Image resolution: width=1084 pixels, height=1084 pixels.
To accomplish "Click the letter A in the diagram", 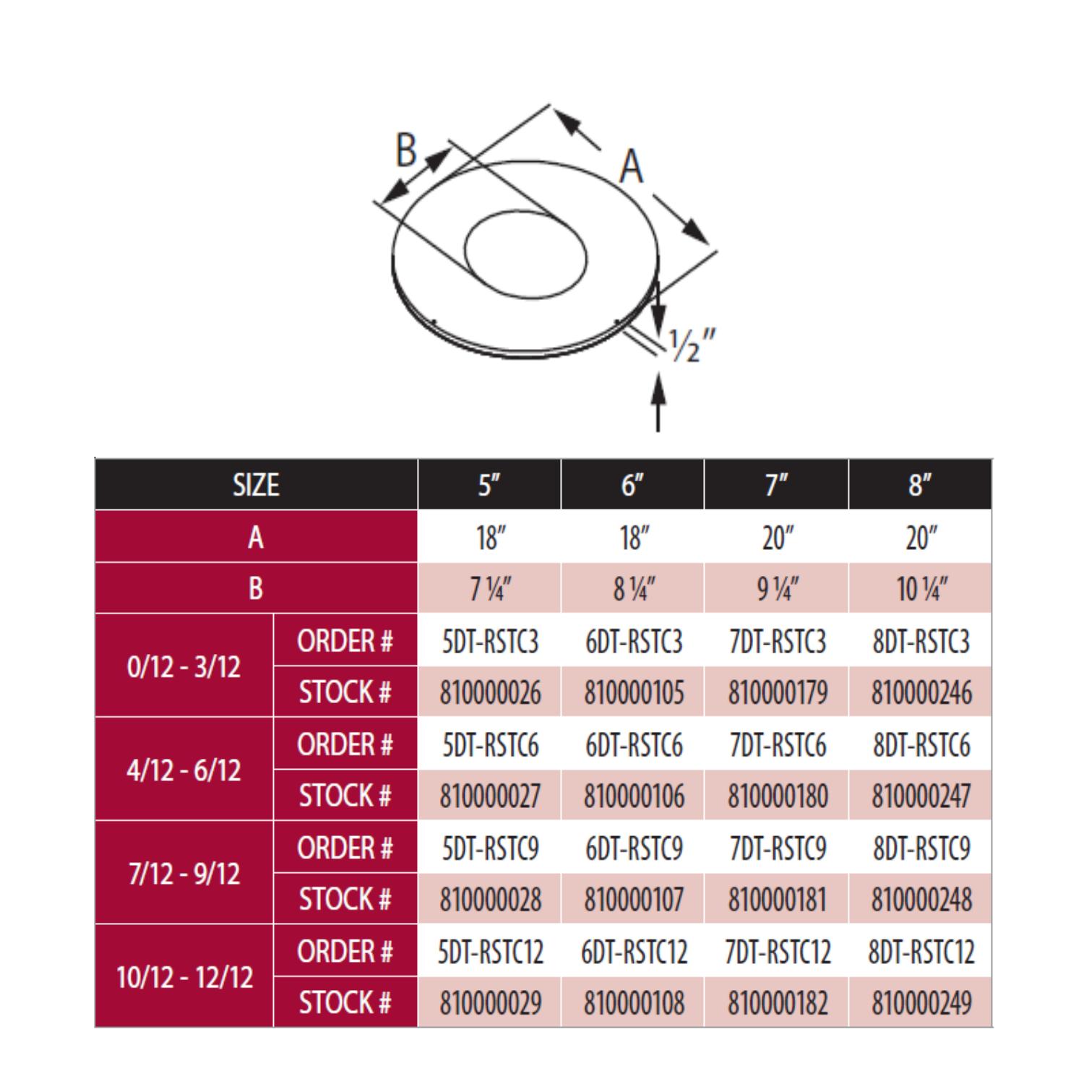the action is point(632,167).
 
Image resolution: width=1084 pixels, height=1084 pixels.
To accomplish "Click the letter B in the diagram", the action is point(407,150).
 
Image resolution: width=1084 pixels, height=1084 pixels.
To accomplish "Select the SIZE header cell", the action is point(256,485).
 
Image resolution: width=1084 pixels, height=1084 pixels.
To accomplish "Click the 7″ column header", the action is point(777,485).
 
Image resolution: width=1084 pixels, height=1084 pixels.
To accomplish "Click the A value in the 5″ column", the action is point(490,538).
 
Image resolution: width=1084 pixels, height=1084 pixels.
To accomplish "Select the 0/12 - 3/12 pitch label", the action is point(184,666).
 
